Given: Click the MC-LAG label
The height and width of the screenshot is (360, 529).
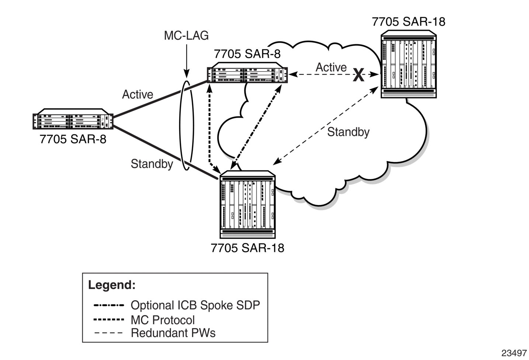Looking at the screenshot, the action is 186,36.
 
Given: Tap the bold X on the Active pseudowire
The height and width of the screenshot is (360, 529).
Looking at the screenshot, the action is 358,75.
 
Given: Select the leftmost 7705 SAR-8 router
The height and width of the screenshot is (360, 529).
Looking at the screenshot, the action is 73,119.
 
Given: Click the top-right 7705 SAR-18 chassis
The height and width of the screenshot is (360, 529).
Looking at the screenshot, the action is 408,64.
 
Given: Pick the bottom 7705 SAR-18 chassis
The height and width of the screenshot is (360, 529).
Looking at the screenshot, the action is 247,204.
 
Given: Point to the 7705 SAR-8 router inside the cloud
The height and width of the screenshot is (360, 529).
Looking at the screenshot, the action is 247,73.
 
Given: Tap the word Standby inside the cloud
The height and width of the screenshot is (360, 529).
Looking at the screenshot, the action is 348,132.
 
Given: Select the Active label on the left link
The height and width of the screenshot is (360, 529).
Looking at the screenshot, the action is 138,94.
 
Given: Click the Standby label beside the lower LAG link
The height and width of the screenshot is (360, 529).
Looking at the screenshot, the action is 152,164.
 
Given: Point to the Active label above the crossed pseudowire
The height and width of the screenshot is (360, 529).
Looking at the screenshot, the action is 331,67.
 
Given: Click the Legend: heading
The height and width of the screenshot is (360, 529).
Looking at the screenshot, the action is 112,285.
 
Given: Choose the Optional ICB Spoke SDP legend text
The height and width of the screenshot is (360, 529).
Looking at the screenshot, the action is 195,305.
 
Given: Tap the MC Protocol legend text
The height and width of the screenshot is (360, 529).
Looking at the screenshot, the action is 163,320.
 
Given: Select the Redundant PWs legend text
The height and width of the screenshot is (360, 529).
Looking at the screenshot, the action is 173,333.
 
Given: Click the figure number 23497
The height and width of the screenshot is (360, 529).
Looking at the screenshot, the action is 514,353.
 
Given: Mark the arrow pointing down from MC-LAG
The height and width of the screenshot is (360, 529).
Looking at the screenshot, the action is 187,61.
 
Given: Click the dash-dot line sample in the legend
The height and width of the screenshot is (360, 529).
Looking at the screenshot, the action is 109,305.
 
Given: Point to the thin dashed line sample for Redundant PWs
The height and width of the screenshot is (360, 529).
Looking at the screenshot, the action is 109,333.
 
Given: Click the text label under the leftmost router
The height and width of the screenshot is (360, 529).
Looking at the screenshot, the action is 73,139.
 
